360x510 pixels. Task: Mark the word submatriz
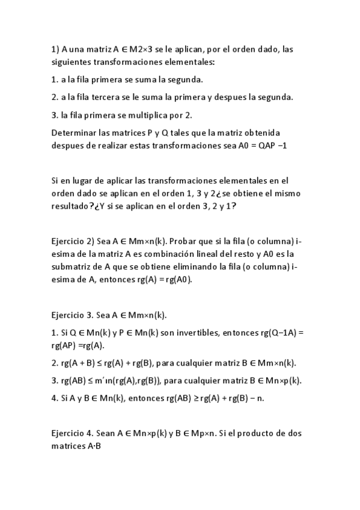[x=75, y=268]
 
